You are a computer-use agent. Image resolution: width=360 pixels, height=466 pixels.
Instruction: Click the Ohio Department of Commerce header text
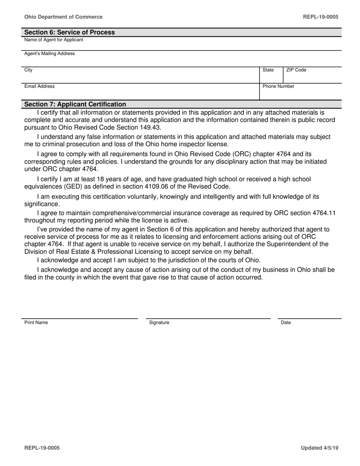(63, 17)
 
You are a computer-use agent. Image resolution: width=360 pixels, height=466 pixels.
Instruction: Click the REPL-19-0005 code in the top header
(321, 17)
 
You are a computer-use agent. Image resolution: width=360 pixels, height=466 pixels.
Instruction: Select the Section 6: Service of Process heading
(69, 32)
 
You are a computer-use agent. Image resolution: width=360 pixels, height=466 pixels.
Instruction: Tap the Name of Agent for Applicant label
(54, 40)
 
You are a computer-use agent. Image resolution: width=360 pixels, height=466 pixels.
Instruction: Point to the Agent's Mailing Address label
(50, 54)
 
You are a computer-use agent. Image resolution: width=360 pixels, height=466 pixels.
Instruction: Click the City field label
(28, 70)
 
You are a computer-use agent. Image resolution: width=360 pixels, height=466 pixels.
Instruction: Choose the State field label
(268, 70)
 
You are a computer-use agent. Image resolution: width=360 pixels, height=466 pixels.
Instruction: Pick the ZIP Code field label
(296, 70)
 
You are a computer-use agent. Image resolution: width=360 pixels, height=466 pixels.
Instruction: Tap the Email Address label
(39, 86)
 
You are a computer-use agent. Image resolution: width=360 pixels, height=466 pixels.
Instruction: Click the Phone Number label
(278, 86)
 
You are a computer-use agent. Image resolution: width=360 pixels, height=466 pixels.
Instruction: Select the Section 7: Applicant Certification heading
(75, 104)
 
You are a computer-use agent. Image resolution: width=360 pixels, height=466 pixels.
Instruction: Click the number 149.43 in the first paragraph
(150, 127)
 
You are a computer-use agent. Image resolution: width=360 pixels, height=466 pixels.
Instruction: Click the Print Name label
(36, 322)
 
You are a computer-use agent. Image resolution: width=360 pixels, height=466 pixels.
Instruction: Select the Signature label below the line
(159, 322)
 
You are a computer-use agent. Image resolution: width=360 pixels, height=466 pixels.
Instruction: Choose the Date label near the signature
(286, 322)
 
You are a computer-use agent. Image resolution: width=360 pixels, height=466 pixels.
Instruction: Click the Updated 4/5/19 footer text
(319, 448)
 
